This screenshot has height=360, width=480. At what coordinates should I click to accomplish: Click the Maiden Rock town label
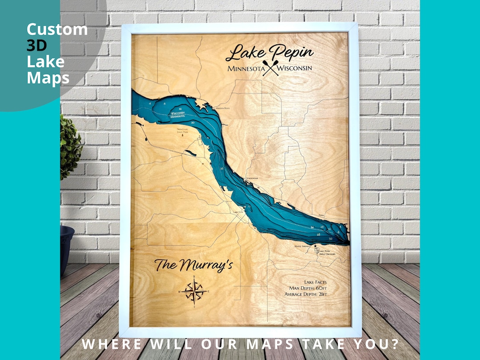pyautogui.click(x=222, y=108)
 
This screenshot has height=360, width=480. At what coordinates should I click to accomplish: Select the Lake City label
pyautogui.click(x=238, y=212)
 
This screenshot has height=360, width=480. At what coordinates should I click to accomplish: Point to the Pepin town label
pyautogui.click(x=322, y=215)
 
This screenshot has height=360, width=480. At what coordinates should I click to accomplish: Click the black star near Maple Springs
pyautogui.click(x=315, y=246)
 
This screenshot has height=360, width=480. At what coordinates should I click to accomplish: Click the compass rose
pyautogui.click(x=194, y=291)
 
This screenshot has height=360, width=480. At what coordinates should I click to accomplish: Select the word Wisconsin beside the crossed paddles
pyautogui.click(x=294, y=68)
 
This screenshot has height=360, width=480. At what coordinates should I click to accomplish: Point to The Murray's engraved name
pyautogui.click(x=193, y=266)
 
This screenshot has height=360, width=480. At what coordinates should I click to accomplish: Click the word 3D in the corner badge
pyautogui.click(x=36, y=46)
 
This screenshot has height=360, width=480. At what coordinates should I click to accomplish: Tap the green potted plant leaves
pyautogui.click(x=70, y=147)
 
